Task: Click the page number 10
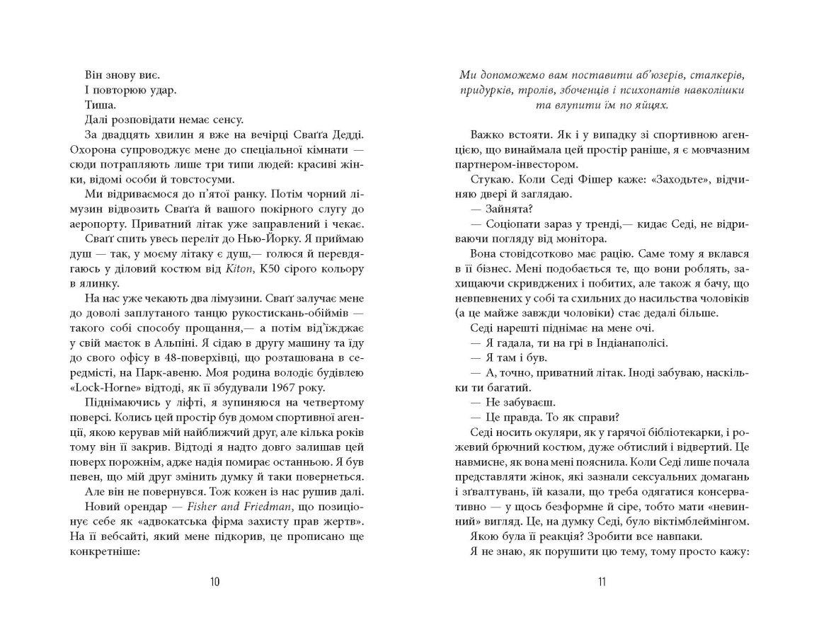[215, 582]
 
